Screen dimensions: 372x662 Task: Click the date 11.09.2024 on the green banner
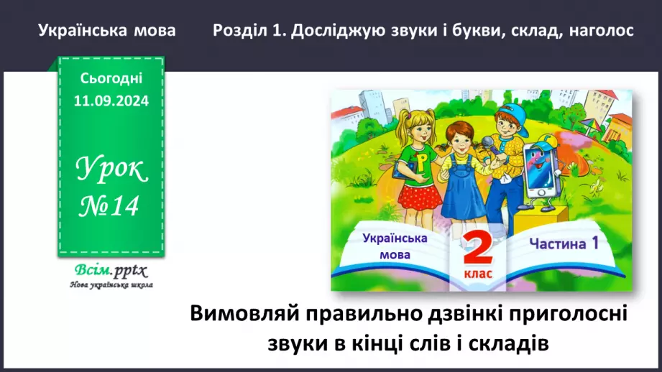pyautogui.click(x=111, y=101)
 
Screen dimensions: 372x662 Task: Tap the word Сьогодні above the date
pyautogui.click(x=111, y=78)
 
